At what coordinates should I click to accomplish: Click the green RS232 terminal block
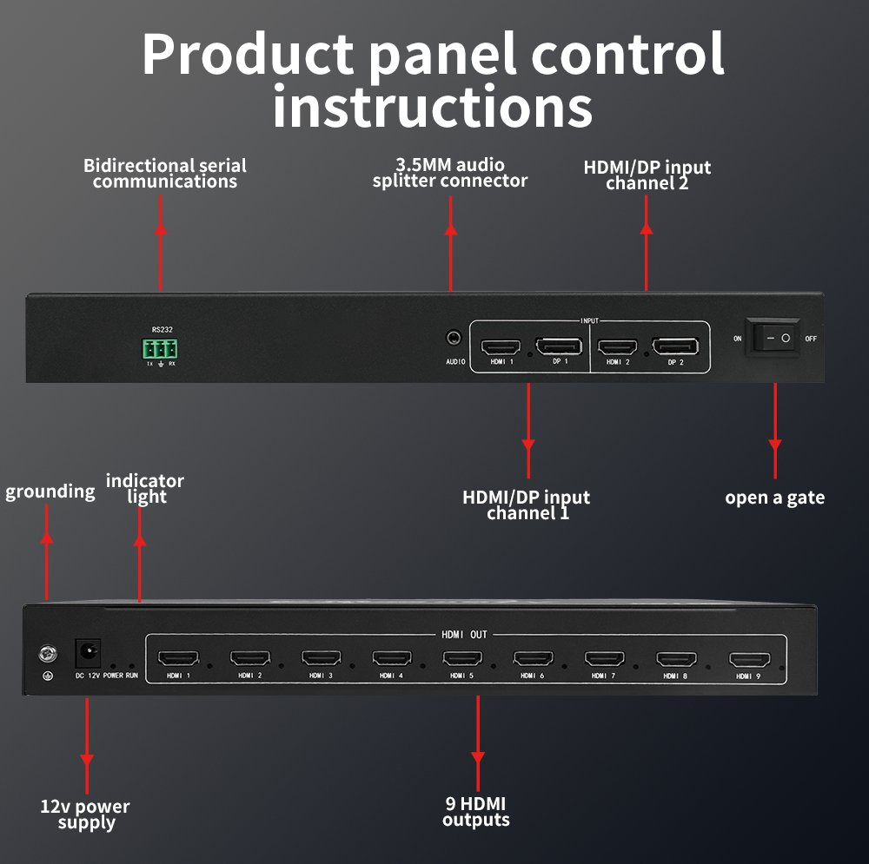point(160,349)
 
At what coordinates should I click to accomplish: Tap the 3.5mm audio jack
point(454,337)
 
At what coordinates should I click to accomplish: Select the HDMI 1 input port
point(501,347)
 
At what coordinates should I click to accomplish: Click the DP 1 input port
point(559,346)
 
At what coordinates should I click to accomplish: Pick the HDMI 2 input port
point(617,347)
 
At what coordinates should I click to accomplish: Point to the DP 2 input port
point(675,346)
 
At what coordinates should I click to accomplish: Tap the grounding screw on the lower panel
point(48,654)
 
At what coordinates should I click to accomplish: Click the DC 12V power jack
point(88,653)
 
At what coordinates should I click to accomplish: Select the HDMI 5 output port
point(462,658)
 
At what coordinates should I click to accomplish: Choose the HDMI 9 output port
point(749,660)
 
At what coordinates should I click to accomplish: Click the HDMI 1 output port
point(178,658)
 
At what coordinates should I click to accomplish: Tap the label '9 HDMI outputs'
point(476,811)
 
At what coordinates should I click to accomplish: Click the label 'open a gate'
point(775,498)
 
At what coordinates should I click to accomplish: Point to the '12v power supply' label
point(85,815)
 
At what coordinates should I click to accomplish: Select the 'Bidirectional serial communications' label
point(165,174)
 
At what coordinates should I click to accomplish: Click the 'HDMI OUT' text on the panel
point(464,635)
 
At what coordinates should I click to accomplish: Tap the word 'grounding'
point(50,491)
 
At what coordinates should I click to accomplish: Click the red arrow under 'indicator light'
point(140,554)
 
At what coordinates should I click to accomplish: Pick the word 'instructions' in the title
point(433,107)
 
